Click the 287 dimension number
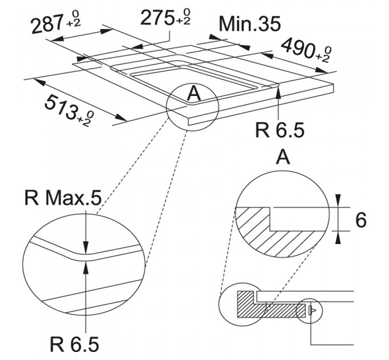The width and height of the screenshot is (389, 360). (46, 25)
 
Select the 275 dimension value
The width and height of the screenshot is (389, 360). (156, 18)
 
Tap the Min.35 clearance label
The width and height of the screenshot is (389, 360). (249, 24)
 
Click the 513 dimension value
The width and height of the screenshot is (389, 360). (60, 106)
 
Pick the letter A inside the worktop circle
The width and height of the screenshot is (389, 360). (194, 94)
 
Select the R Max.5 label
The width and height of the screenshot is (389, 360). (63, 198)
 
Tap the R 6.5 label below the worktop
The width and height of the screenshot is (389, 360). (280, 130)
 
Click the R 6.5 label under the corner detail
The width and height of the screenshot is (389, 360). (74, 344)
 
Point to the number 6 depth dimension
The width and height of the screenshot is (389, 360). (361, 220)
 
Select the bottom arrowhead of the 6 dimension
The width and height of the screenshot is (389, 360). (338, 237)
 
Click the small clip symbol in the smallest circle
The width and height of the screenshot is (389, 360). (312, 310)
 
